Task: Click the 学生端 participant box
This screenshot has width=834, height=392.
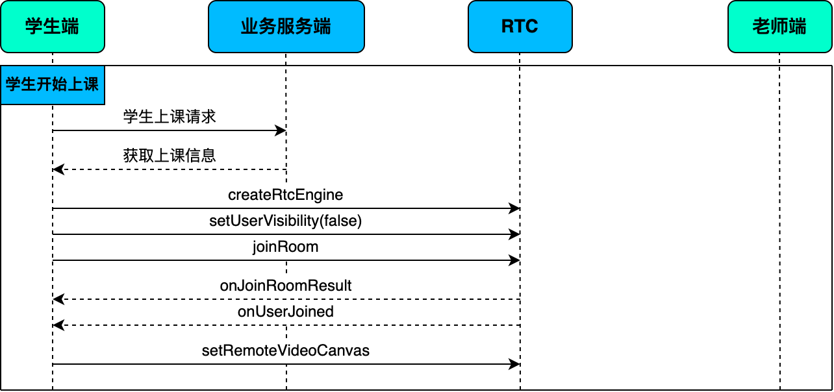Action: (x=53, y=27)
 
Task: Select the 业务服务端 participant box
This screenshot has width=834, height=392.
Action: (x=286, y=27)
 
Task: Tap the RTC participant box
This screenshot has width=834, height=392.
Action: (x=520, y=27)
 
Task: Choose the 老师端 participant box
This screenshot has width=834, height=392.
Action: (x=780, y=27)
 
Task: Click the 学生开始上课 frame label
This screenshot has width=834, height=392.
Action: (x=53, y=85)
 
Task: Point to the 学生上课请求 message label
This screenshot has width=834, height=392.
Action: (x=170, y=116)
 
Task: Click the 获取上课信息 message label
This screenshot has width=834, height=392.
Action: (x=170, y=156)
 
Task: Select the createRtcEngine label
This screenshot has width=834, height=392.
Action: (x=286, y=195)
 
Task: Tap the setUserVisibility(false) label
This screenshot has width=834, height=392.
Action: (x=286, y=221)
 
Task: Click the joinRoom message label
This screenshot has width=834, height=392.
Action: (x=286, y=247)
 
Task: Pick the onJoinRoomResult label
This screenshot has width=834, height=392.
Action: (x=286, y=286)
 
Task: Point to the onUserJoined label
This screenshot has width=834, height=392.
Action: (x=286, y=312)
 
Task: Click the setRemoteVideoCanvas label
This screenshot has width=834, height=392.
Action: (x=286, y=350)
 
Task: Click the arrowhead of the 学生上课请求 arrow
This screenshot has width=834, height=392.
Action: (x=281, y=130)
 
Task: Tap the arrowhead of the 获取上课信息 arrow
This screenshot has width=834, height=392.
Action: (x=58, y=169)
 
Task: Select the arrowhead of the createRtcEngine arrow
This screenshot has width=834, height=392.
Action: (x=514, y=208)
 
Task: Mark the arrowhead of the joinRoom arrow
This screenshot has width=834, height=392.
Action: (x=514, y=260)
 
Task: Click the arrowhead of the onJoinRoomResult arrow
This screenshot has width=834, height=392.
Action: (x=58, y=299)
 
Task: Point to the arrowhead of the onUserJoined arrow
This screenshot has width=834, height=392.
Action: (x=58, y=325)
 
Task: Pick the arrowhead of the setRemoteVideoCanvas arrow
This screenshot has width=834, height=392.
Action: (x=514, y=364)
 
